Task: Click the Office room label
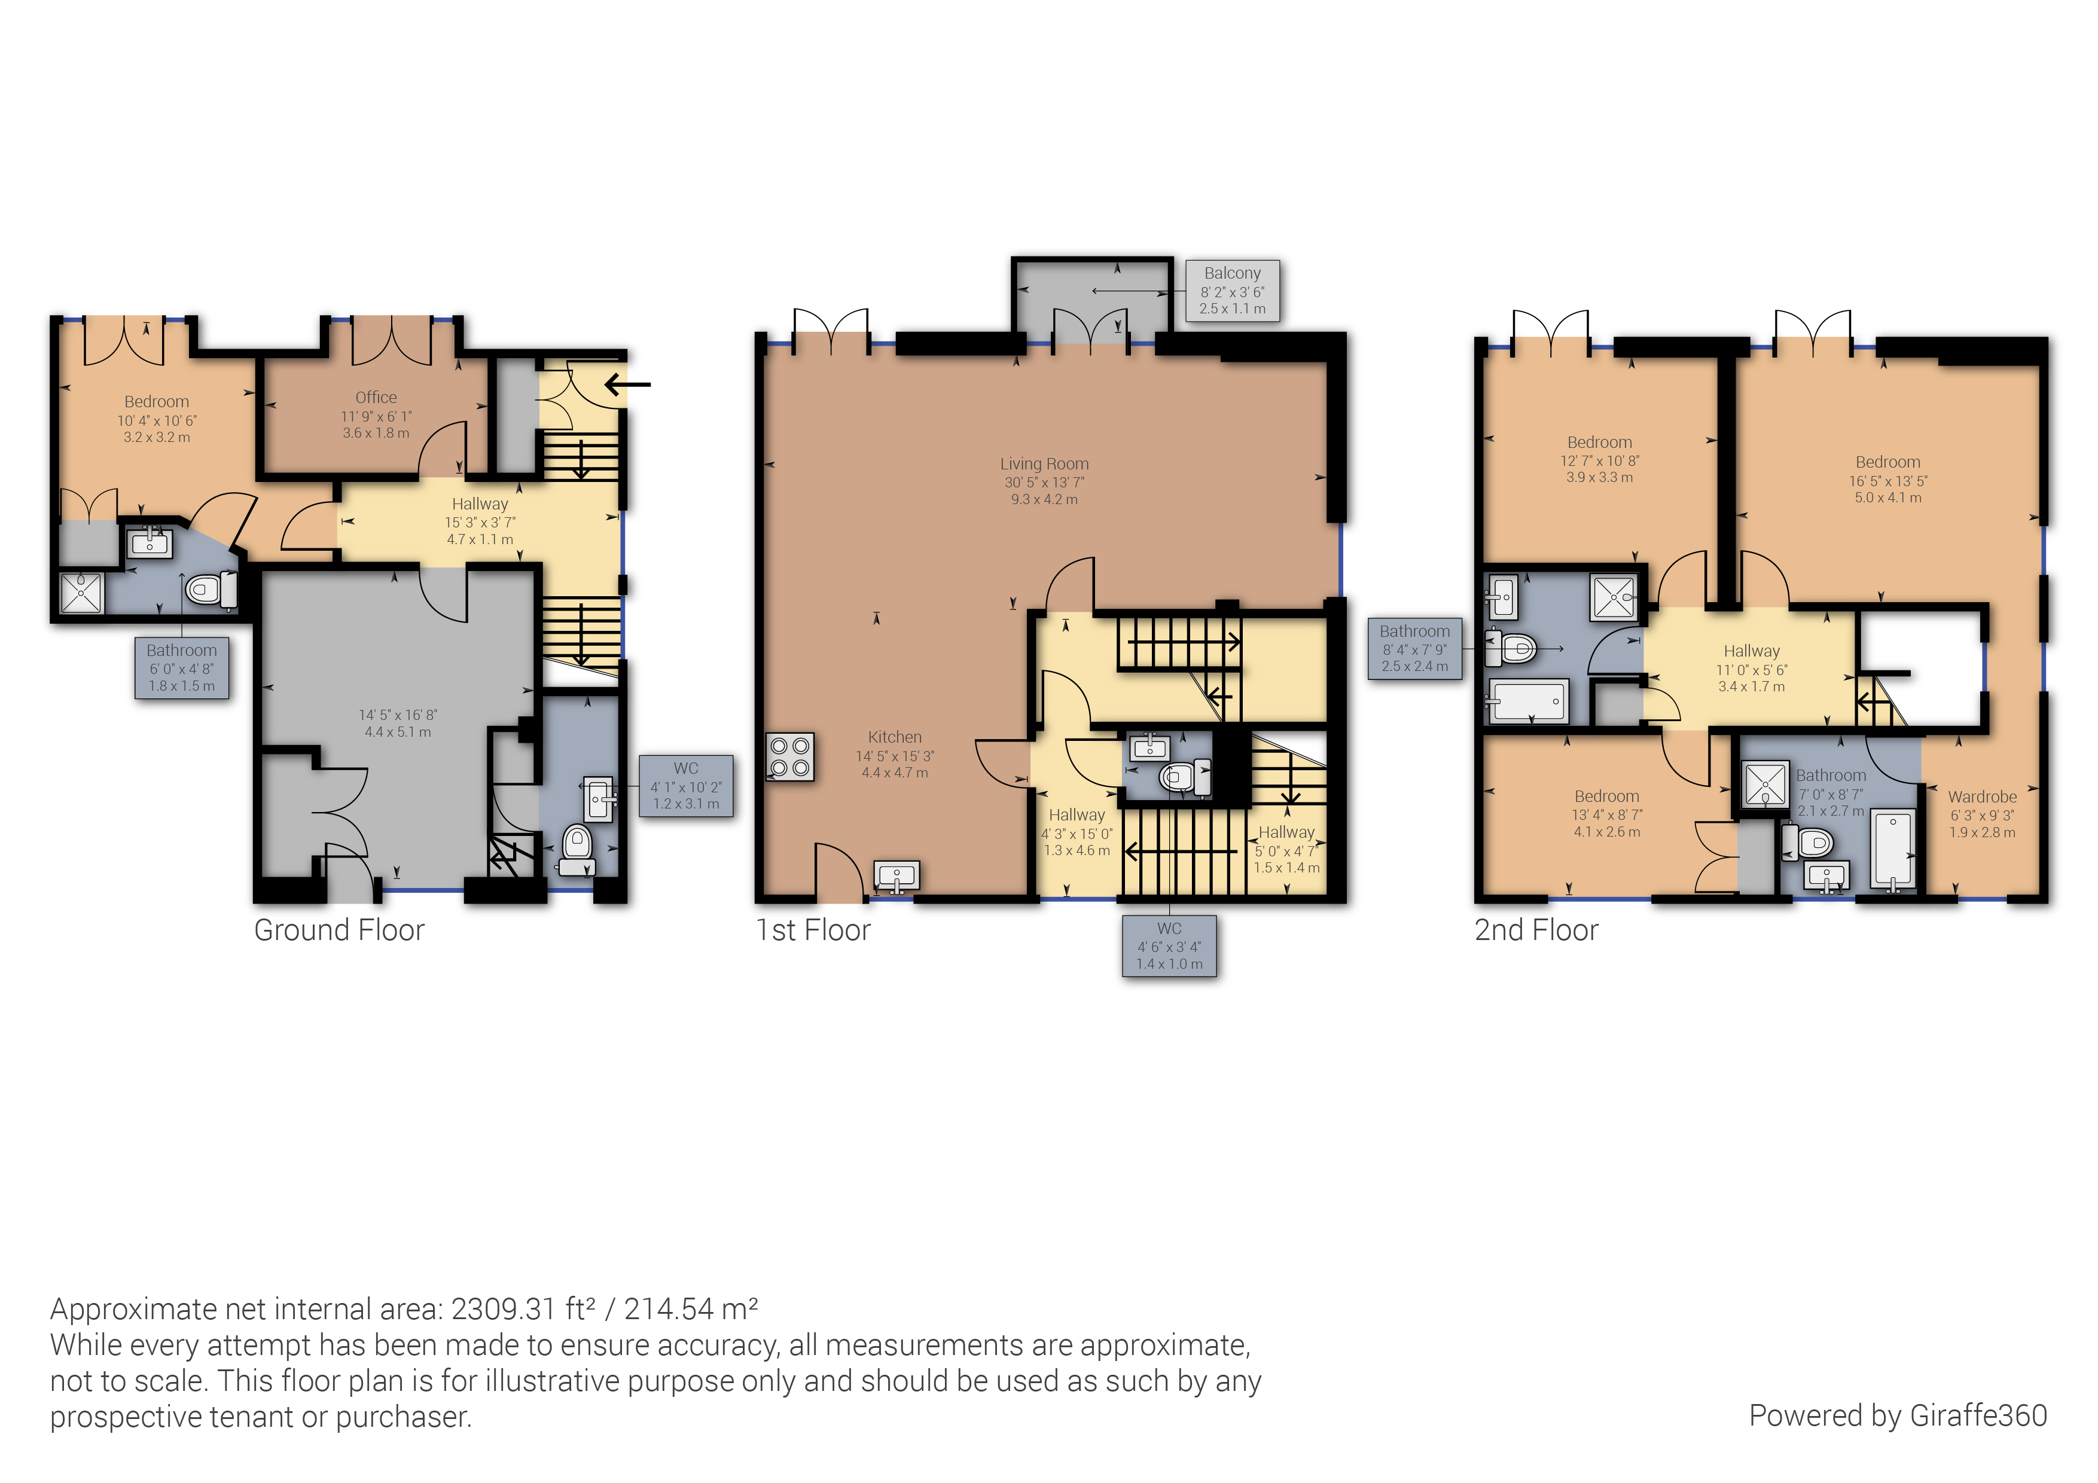[x=376, y=398]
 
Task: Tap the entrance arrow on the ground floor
[x=628, y=385]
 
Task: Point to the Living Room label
[x=1044, y=464]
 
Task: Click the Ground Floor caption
[x=339, y=930]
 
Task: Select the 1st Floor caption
[x=812, y=930]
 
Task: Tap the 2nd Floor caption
[x=1535, y=930]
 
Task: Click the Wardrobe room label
[x=1981, y=797]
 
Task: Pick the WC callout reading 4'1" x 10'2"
[x=685, y=786]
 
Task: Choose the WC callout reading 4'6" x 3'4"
[x=1169, y=946]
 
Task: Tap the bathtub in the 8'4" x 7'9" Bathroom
[x=1529, y=701]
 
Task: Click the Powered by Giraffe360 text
[x=1897, y=1415]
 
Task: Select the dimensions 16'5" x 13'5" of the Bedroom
[x=1888, y=481]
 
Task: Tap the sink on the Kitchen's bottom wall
[x=896, y=875]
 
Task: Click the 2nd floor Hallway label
[x=1751, y=651]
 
